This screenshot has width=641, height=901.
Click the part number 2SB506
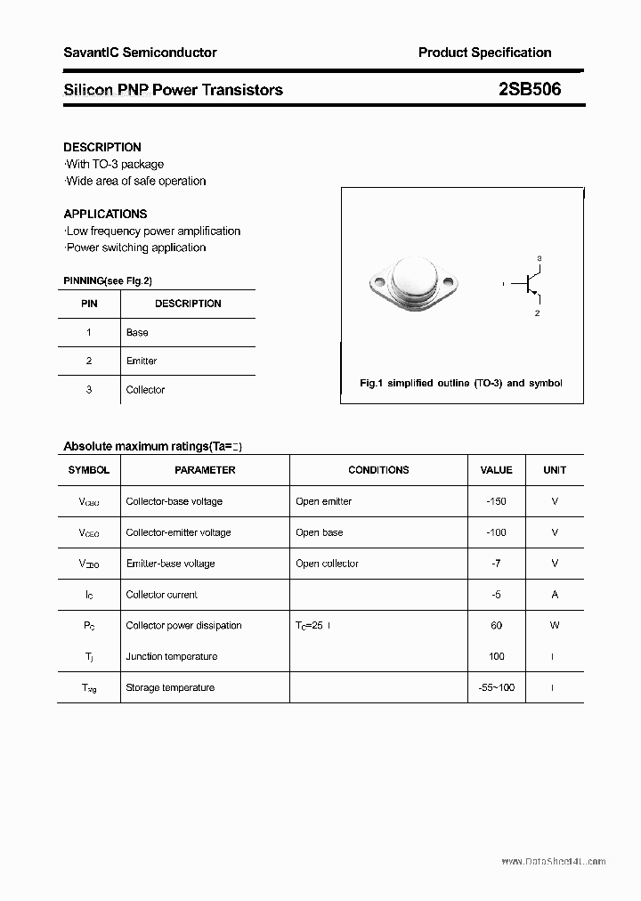click(530, 89)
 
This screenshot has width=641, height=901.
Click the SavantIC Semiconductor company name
click(140, 53)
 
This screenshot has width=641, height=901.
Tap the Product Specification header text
click(484, 53)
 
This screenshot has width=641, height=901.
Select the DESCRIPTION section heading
click(102, 147)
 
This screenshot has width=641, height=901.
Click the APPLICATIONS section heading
click(105, 214)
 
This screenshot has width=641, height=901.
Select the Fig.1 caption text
click(460, 383)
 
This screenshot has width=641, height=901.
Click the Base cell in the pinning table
click(137, 332)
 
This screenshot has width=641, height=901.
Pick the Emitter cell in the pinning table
click(142, 361)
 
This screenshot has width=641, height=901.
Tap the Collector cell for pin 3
click(145, 390)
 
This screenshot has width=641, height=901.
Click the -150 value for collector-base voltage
click(496, 501)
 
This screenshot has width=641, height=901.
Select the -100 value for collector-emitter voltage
click(496, 532)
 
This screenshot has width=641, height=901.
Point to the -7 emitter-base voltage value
click(496, 564)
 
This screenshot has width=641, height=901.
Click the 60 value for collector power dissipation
click(496, 625)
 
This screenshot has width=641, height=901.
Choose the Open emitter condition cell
click(323, 501)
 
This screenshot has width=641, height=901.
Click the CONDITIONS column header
click(378, 470)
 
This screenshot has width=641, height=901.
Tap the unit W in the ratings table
click(555, 625)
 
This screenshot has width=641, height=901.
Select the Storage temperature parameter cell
click(170, 687)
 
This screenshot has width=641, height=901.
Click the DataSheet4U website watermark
click(553, 861)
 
